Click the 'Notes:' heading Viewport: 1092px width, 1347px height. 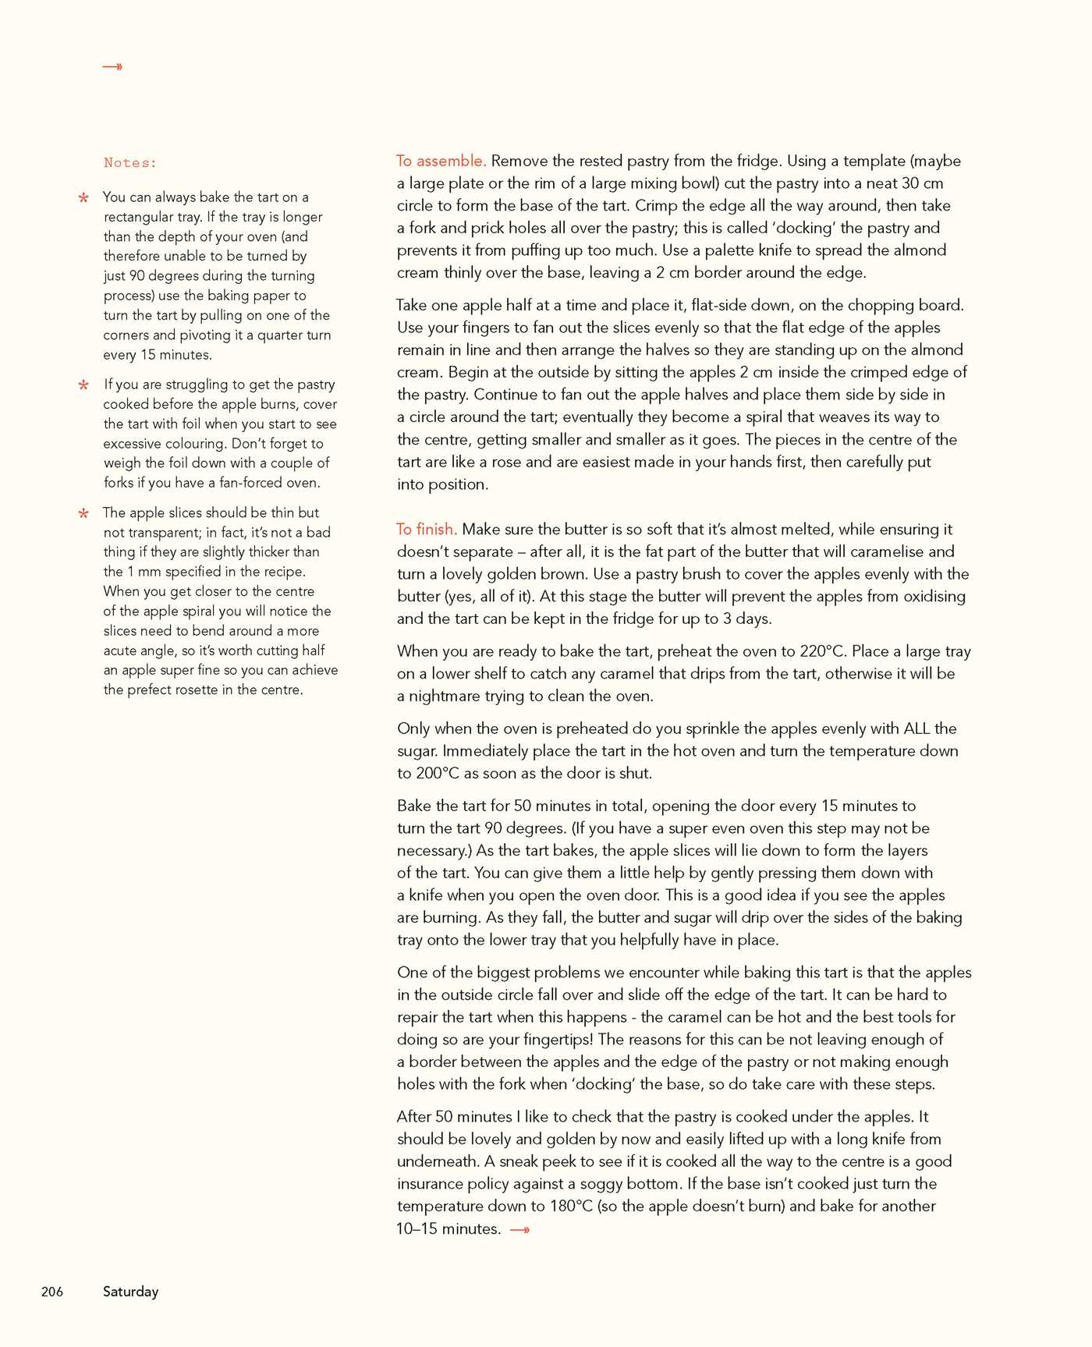tap(130, 163)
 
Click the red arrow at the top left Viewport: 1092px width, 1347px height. tap(112, 67)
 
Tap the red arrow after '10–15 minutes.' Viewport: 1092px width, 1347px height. tap(520, 1230)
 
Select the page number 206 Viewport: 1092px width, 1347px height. tap(52, 1292)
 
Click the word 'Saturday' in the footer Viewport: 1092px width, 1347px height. tap(130, 1292)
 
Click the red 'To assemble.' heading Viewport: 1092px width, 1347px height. tap(441, 161)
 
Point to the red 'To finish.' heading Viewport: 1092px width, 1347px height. tap(427, 529)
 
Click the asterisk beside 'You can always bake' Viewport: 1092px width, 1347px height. tap(83, 198)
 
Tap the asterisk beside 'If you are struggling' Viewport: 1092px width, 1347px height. tap(83, 385)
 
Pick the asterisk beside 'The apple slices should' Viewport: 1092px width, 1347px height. tap(83, 513)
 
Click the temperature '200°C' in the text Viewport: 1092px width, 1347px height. tap(438, 773)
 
